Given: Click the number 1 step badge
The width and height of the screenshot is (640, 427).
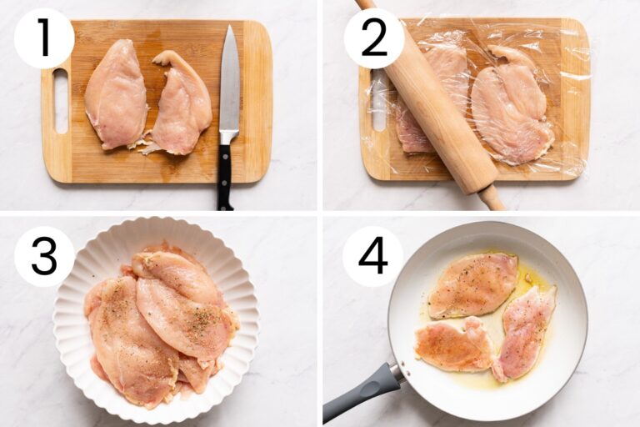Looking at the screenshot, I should (x=44, y=38).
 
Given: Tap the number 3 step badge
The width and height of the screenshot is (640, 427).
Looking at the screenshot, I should (x=44, y=256).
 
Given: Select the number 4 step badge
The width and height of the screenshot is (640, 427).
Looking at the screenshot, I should (x=372, y=256).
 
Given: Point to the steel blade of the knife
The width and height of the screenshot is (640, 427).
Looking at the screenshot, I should (x=229, y=83).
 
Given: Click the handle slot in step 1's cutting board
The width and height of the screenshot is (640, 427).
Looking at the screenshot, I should (x=61, y=101).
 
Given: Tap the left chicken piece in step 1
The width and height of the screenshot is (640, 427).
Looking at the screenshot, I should (x=115, y=93).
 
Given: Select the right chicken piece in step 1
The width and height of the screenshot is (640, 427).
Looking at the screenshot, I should (x=181, y=104).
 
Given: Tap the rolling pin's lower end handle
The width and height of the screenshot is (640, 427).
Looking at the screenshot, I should (x=492, y=198).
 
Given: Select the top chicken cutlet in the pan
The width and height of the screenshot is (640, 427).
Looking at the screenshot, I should (x=472, y=284).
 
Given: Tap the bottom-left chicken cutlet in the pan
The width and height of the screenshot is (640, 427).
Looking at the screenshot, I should (x=454, y=344).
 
